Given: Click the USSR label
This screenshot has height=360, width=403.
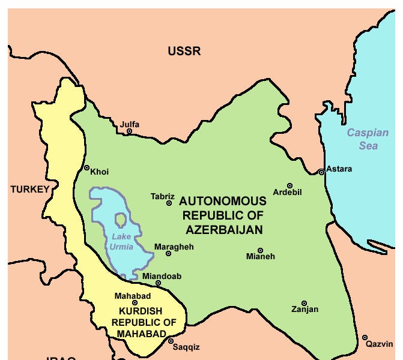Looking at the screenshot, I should click(x=184, y=52).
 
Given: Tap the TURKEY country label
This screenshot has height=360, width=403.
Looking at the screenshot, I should click(x=29, y=190).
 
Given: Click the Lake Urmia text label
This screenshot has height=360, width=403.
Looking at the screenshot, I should click(x=121, y=241).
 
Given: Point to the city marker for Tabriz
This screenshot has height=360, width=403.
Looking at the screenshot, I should click(x=169, y=203).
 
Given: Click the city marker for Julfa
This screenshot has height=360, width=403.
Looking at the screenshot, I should click(x=129, y=131).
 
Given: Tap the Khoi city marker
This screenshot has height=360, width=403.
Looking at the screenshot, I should click(x=86, y=168).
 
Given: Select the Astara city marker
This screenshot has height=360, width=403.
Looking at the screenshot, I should click(x=322, y=172).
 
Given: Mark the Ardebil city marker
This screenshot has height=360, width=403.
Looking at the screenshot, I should click(x=289, y=186).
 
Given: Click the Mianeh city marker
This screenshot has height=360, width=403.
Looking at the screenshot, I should click(x=260, y=250).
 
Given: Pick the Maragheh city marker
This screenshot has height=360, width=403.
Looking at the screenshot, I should click(x=168, y=254).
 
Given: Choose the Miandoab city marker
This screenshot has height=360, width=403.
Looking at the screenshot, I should click(x=158, y=283).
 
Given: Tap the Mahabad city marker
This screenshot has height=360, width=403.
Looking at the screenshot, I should click(x=135, y=303).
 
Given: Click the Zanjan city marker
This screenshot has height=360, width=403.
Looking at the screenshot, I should click(x=304, y=303).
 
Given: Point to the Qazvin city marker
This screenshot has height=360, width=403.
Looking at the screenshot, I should click(x=365, y=337).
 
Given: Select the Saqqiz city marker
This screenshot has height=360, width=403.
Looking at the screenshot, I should click(x=171, y=341).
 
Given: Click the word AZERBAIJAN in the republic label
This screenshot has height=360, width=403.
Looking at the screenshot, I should click(x=224, y=230).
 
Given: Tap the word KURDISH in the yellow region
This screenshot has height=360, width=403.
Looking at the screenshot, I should click(x=139, y=311).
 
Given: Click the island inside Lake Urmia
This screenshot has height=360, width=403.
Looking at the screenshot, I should click(x=121, y=220).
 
